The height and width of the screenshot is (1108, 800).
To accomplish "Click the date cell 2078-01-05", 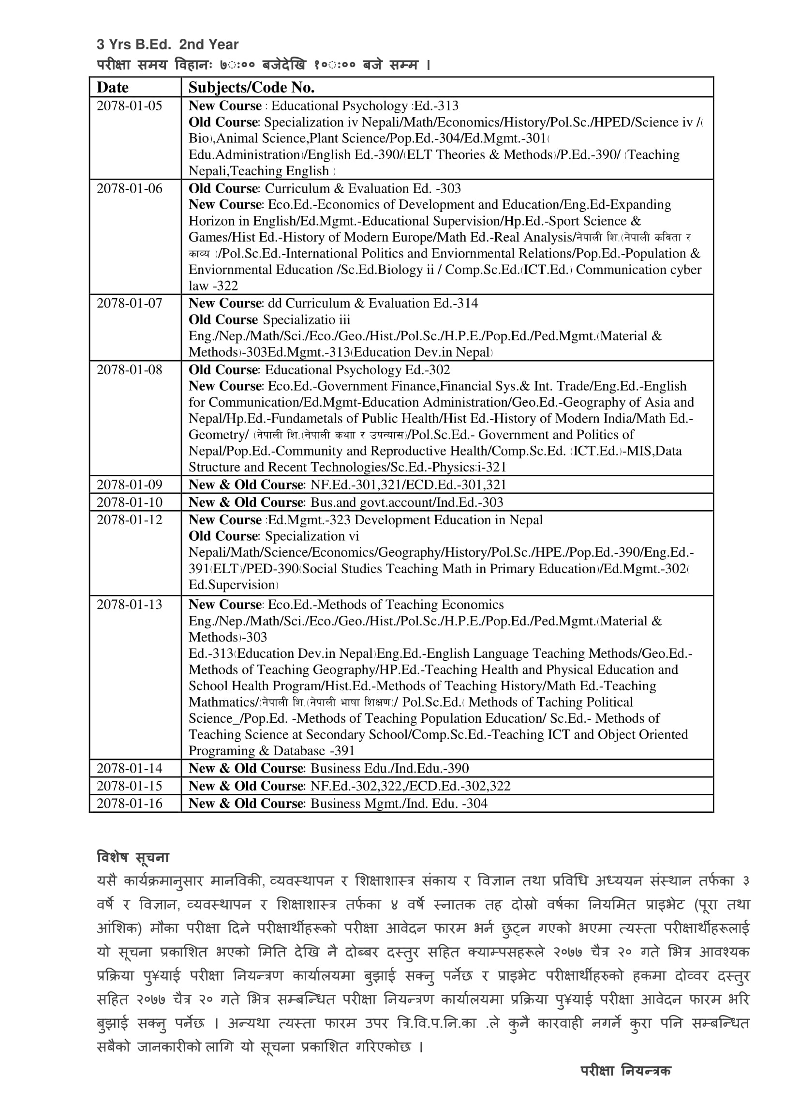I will [129, 106].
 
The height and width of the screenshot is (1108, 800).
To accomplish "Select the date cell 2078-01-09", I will [129, 485].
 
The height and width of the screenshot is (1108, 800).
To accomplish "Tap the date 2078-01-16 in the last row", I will [129, 803].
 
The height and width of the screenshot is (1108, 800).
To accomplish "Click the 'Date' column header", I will [113, 88].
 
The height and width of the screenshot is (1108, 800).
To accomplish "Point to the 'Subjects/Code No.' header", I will [252, 88].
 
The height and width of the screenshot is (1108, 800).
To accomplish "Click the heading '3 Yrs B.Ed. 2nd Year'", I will [167, 45].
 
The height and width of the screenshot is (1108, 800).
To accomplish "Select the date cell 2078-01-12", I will [129, 520].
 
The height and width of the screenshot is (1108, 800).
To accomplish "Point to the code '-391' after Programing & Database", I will [341, 750].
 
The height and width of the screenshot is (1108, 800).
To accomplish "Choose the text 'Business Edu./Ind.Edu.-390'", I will [389, 768].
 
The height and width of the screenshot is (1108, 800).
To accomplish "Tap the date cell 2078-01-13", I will [129, 605].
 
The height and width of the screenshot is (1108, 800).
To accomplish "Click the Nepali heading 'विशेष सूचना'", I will [133, 857].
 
